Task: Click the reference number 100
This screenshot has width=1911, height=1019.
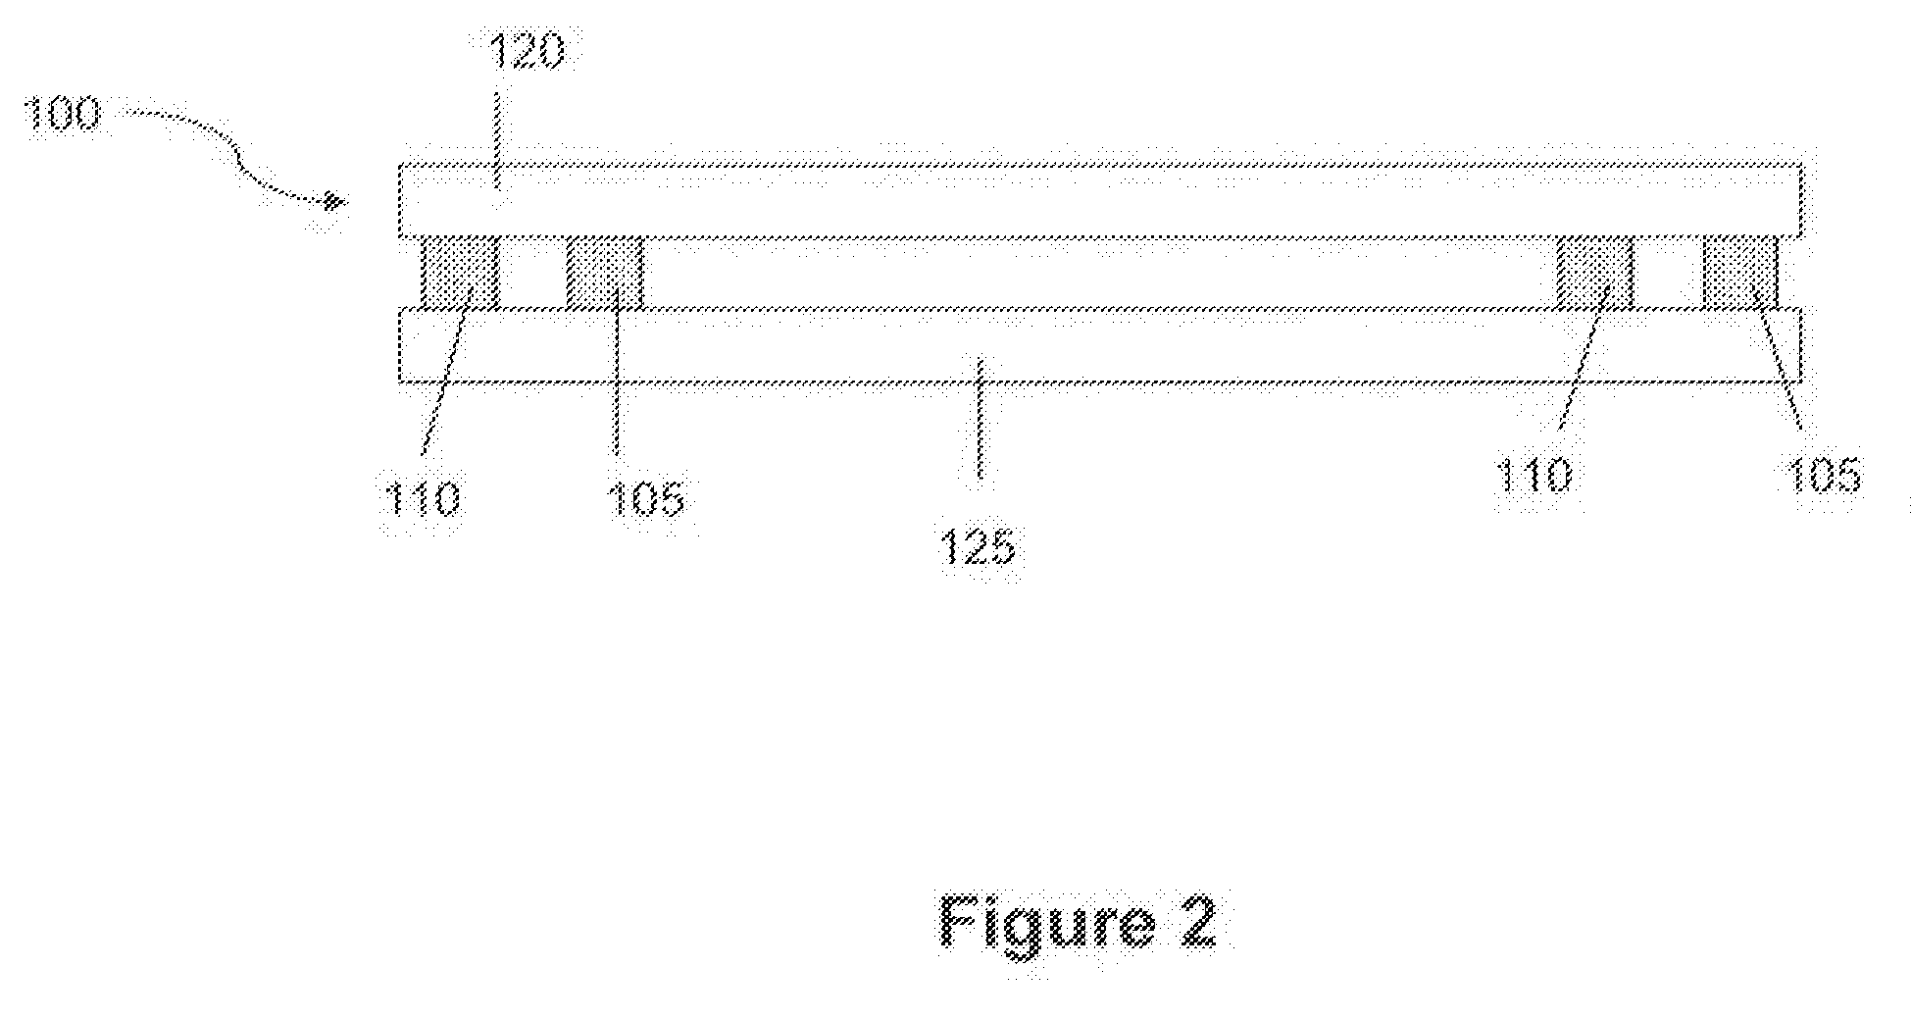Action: pyautogui.click(x=60, y=115)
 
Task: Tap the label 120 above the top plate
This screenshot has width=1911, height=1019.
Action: pyautogui.click(x=528, y=52)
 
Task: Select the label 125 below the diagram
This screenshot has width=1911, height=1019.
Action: pyautogui.click(x=978, y=546)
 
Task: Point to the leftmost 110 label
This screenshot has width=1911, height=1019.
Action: pyautogui.click(x=422, y=499)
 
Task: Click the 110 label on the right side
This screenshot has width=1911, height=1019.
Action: pyautogui.click(x=1534, y=477)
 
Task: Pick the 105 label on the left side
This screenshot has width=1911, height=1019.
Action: pyautogui.click(x=644, y=499)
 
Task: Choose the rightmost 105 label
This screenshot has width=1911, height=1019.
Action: pyautogui.click(x=1822, y=477)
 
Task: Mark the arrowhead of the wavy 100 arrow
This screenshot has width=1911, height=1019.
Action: pyautogui.click(x=336, y=202)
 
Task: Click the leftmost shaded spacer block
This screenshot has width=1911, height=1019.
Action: pyautogui.click(x=460, y=273)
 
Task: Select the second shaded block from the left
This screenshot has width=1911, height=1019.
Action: pyautogui.click(x=605, y=273)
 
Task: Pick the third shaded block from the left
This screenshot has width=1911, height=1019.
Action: pyautogui.click(x=1594, y=273)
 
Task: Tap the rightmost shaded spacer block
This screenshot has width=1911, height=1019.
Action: pyautogui.click(x=1739, y=273)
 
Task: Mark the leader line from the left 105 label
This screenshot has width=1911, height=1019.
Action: pyautogui.click(x=616, y=392)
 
